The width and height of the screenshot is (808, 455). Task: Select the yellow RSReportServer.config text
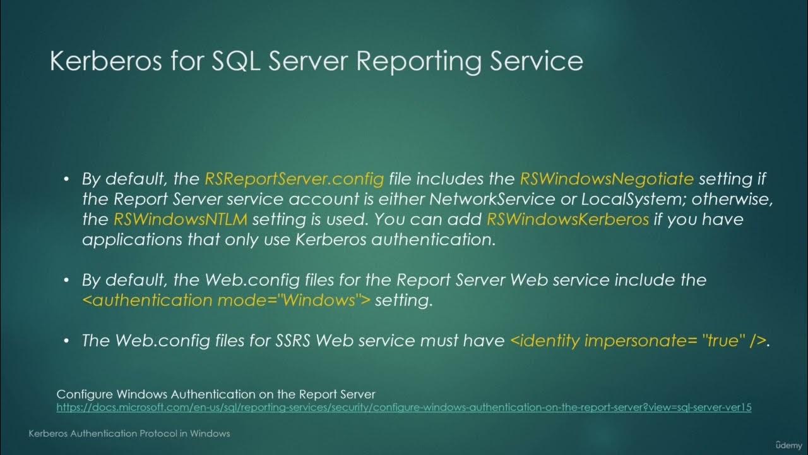(294, 179)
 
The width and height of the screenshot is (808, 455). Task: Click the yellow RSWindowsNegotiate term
(607, 179)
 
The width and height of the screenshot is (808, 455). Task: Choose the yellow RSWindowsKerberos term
(567, 220)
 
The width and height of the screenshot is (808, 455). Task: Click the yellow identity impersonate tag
(638, 341)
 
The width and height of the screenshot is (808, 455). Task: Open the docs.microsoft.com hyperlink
(404, 408)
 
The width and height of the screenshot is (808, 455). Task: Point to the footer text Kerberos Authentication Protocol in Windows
(129, 434)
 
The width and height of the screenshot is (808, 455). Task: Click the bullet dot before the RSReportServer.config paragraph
(66, 179)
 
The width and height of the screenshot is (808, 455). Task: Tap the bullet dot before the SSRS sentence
(66, 341)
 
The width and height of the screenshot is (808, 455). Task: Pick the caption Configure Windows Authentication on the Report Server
(216, 395)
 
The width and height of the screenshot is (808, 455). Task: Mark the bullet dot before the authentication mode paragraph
(66, 280)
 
